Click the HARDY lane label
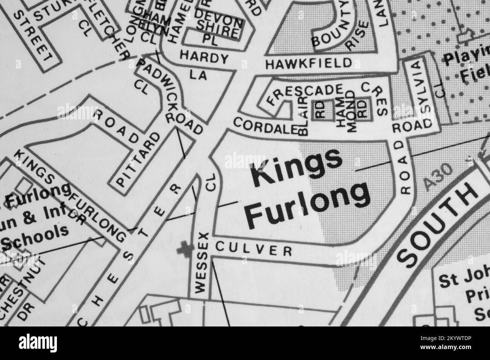click(204, 58)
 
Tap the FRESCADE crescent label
click(305, 94)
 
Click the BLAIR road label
click(304, 115)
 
